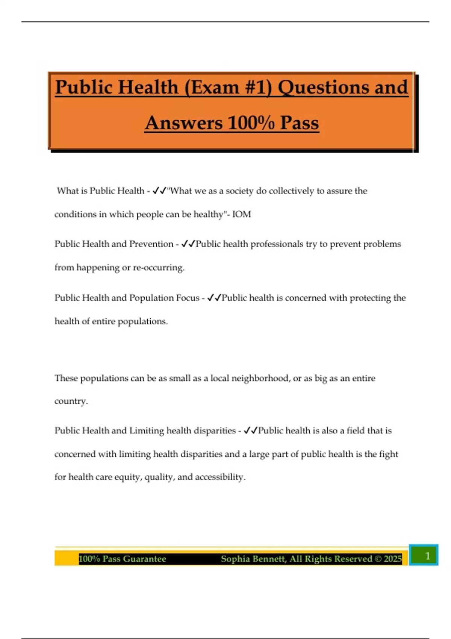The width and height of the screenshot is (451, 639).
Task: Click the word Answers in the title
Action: (184, 123)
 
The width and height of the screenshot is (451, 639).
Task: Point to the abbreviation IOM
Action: (241, 214)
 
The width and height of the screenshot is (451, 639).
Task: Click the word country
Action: (71, 401)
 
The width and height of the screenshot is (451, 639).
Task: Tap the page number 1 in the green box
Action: (427, 556)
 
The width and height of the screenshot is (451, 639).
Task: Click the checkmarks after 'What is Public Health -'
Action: (159, 191)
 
